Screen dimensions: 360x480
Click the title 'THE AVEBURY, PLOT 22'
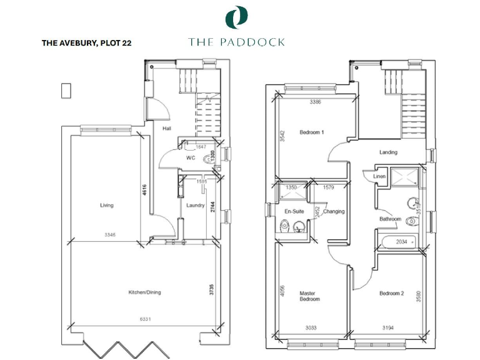coord(86,43)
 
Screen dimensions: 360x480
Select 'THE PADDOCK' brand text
coord(237,42)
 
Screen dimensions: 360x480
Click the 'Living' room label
coord(106,205)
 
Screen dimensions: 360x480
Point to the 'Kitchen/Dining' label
coord(145,292)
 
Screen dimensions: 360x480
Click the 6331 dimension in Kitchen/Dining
coord(144,319)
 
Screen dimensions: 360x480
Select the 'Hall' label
coord(167,129)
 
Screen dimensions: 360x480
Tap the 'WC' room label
coord(191,158)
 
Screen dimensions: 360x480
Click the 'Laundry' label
coord(196,205)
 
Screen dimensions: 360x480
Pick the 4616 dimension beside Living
coord(143,189)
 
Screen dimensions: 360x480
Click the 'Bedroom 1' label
coord(311,132)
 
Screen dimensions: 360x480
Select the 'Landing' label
coord(388,152)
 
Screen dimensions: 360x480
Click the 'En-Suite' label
coord(294,211)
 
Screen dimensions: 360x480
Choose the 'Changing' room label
coord(334,211)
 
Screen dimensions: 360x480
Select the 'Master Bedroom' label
coord(309,296)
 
